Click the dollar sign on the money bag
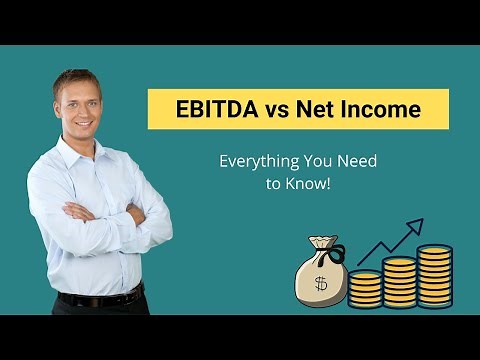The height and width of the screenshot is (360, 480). [320, 283]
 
